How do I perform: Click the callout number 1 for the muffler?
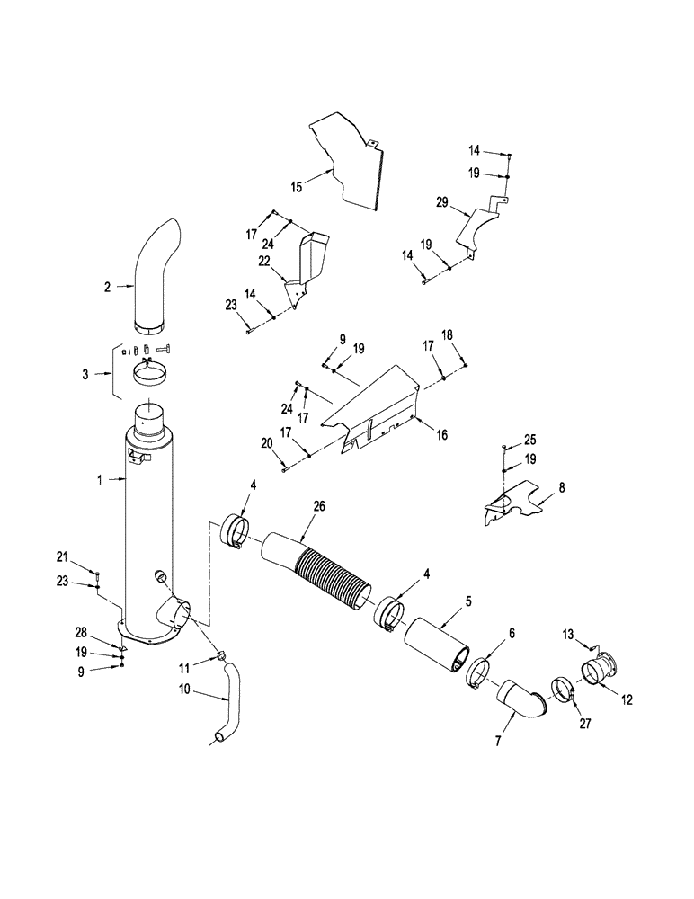point(101,480)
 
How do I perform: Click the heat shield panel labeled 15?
point(351,162)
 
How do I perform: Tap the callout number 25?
point(529,441)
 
